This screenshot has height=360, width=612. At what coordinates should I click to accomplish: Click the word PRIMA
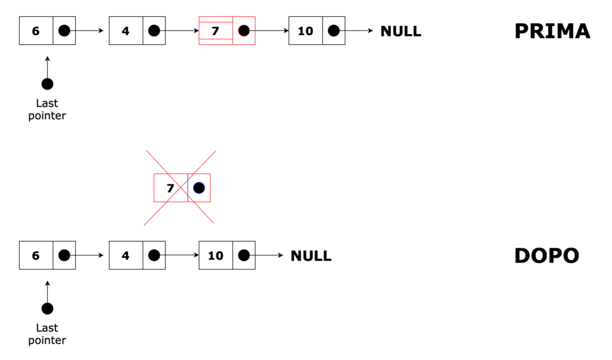(552, 31)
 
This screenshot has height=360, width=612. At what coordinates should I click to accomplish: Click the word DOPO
(546, 256)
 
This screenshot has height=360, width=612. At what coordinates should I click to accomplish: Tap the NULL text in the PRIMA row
(400, 31)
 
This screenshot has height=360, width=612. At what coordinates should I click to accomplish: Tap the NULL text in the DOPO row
(311, 256)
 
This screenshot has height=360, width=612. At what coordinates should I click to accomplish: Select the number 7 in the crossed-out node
(170, 188)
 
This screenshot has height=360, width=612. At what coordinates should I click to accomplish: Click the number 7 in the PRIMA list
(215, 30)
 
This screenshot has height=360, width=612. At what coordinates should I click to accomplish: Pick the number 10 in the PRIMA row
(305, 31)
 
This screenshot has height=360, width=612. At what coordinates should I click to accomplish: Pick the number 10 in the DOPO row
(215, 256)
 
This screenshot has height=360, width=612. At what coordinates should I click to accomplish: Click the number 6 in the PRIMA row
(36, 31)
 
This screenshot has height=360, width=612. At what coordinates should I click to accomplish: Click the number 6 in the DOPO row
(36, 256)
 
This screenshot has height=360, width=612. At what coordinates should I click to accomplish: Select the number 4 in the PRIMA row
(126, 31)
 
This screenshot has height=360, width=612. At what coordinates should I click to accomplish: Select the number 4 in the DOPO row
(126, 256)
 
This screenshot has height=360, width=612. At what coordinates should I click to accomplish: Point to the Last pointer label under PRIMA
(47, 110)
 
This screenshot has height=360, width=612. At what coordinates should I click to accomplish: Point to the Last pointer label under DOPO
(47, 334)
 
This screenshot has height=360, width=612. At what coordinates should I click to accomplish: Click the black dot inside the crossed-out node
(199, 188)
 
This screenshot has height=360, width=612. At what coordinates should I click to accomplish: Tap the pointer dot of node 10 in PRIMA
(333, 30)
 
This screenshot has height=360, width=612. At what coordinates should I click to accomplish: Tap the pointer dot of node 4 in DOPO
(154, 255)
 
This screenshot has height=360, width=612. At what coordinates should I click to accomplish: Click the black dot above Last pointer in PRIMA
(47, 84)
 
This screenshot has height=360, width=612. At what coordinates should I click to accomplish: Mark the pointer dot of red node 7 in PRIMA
(243, 30)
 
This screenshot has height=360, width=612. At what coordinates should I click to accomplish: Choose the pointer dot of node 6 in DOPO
(65, 255)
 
